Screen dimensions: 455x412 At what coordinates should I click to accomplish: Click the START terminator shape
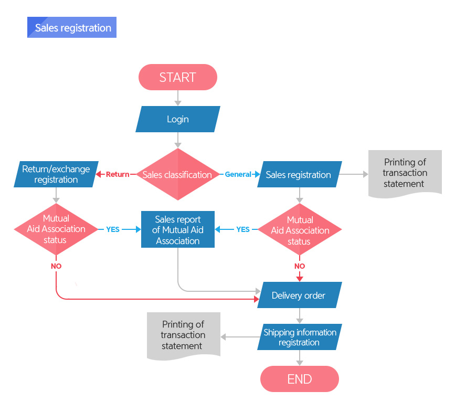pyautogui.click(x=178, y=77)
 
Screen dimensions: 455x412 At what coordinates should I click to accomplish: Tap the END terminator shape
pyautogui.click(x=300, y=379)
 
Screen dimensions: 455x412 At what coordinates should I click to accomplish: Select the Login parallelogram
pyautogui.click(x=178, y=119)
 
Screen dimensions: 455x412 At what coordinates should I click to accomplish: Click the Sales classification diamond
pyautogui.click(x=178, y=174)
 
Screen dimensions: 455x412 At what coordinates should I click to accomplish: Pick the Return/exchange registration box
pyautogui.click(x=56, y=174)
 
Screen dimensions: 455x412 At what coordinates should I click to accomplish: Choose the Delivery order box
pyautogui.click(x=300, y=295)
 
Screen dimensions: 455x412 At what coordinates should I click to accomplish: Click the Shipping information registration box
pyautogui.click(x=300, y=337)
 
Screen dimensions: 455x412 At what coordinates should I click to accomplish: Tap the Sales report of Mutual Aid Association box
pyautogui.click(x=178, y=229)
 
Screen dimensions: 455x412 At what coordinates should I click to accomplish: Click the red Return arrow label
pyautogui.click(x=118, y=174)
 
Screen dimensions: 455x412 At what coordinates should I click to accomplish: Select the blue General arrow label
pyautogui.click(x=238, y=174)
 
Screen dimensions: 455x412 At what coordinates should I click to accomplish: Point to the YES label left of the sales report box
pyautogui.click(x=113, y=229)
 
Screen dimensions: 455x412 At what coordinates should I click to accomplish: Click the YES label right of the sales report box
pyautogui.click(x=243, y=229)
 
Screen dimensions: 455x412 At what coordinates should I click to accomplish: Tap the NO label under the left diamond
pyautogui.click(x=56, y=266)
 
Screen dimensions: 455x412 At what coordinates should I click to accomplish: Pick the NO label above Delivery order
pyautogui.click(x=300, y=266)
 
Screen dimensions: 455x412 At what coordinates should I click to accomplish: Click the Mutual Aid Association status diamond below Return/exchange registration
pyautogui.click(x=56, y=229)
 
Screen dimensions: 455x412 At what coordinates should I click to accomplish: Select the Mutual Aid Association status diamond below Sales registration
pyautogui.click(x=300, y=229)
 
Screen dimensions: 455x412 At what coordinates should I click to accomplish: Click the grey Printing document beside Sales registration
pyautogui.click(x=405, y=173)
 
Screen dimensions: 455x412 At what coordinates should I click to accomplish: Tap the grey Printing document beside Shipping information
pyautogui.click(x=184, y=335)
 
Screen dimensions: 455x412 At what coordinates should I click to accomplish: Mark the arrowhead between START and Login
pyautogui.click(x=178, y=103)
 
